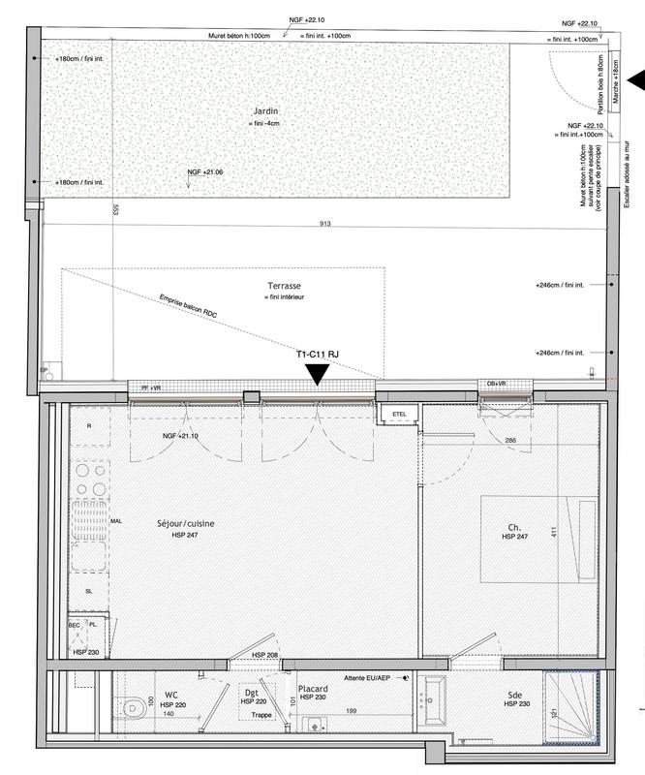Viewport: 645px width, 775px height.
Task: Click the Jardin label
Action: tap(261, 111)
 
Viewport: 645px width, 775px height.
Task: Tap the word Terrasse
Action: tap(285, 287)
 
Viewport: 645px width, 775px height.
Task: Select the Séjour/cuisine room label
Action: tap(185, 524)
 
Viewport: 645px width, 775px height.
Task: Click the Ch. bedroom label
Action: tap(513, 528)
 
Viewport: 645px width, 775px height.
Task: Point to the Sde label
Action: tap(514, 695)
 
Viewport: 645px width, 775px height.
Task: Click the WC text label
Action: tap(170, 695)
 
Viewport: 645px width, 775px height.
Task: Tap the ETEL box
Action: tap(399, 415)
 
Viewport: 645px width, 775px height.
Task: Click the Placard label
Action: tap(313, 688)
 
